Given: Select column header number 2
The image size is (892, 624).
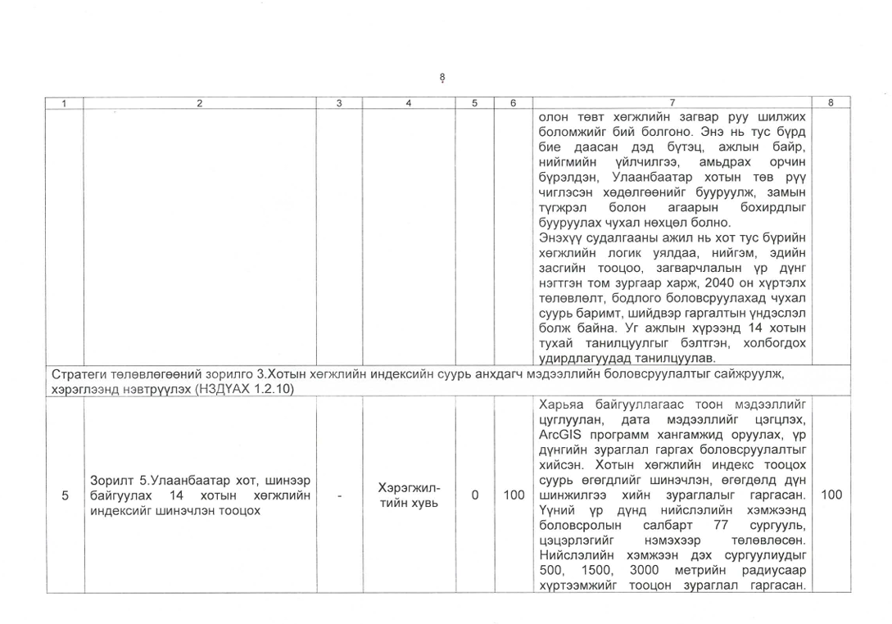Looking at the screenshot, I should pyautogui.click(x=201, y=103).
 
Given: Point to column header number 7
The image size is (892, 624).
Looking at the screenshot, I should pyautogui.click(x=671, y=103).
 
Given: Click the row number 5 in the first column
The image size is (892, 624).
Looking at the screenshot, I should pyautogui.click(x=65, y=495).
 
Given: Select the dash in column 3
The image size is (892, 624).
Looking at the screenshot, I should pyautogui.click(x=339, y=495).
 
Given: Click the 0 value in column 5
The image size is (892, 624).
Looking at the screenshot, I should pyautogui.click(x=474, y=495).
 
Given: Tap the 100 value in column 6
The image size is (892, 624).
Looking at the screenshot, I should pyautogui.click(x=514, y=495).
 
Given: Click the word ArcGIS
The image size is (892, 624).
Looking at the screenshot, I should pyautogui.click(x=560, y=434).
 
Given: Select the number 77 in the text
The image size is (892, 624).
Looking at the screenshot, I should pyautogui.click(x=721, y=525).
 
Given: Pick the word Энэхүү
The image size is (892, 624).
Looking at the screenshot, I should pyautogui.click(x=560, y=237).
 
